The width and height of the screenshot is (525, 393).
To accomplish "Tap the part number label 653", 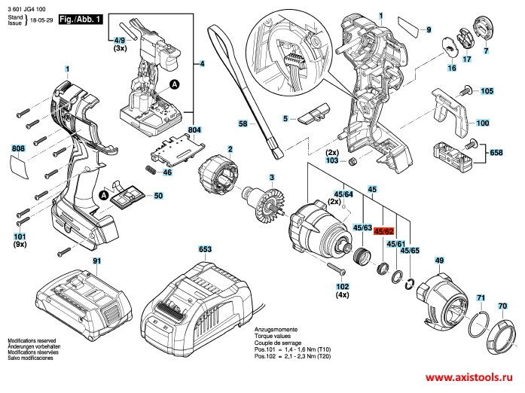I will click(206, 248).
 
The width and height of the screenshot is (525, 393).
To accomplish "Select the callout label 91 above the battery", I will click(96, 260).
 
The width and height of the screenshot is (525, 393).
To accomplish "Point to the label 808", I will click(19, 148).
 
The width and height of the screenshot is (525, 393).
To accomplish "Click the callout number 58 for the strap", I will click(243, 123).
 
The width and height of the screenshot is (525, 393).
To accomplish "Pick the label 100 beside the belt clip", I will click(482, 123).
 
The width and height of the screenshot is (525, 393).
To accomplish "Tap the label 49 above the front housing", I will click(439, 260).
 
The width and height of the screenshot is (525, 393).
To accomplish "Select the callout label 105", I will click(487, 91).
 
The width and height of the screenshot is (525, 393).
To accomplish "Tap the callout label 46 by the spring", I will click(167, 172).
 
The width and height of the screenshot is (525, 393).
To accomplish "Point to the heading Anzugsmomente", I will click(276, 331).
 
